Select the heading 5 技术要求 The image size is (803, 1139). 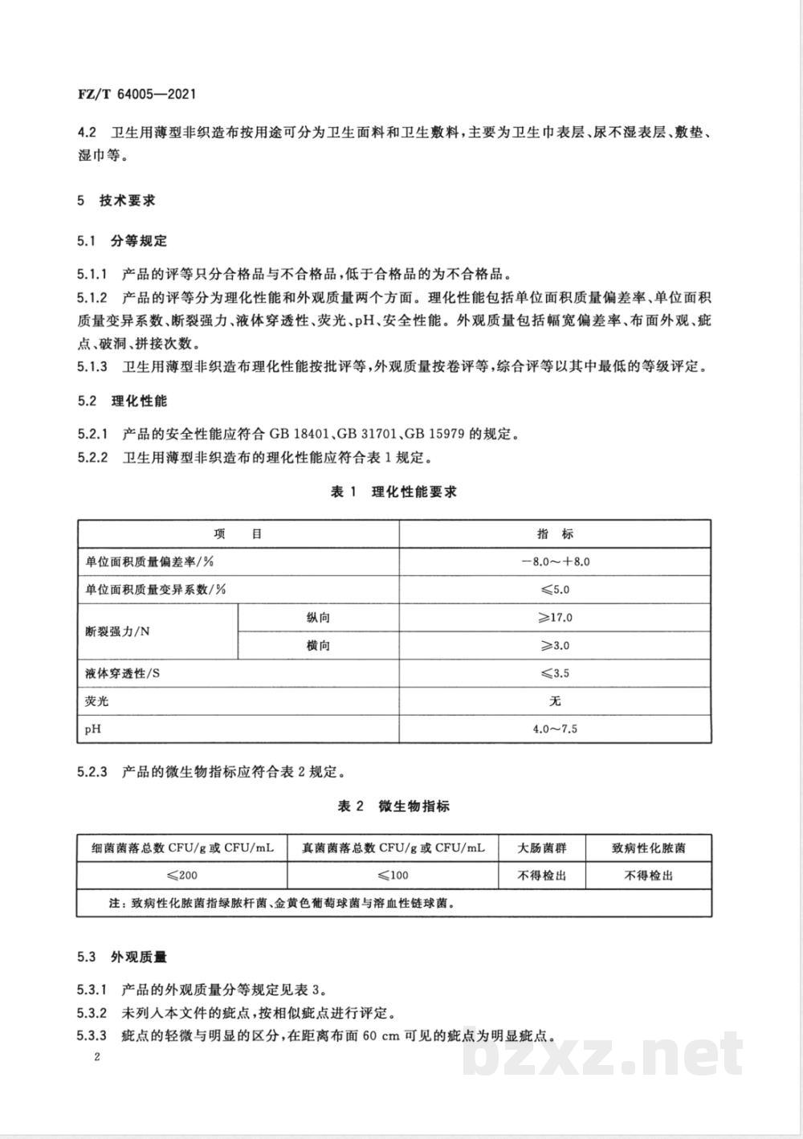[116, 200]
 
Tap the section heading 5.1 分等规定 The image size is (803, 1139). [122, 241]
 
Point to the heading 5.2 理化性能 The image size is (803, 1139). [122, 401]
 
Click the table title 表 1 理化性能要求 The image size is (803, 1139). [393, 492]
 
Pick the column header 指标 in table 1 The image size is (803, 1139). [555, 534]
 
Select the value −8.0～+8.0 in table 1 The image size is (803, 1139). [555, 561]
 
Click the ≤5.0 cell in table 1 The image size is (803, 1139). [555, 590]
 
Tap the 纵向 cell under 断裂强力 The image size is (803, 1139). [318, 618]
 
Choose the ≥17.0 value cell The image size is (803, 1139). [555, 618]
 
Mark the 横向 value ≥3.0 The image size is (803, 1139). [555, 646]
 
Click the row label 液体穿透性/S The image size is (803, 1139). [122, 673]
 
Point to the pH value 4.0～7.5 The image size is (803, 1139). [555, 729]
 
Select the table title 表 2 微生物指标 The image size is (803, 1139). [393, 806]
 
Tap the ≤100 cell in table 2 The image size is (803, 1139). [393, 875]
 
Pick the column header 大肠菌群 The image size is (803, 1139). [542, 847]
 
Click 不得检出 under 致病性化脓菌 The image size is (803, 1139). [649, 875]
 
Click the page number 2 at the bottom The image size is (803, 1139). [96, 1057]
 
